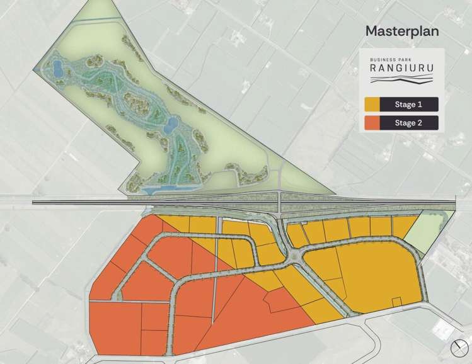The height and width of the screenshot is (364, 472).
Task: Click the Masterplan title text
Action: (401, 31)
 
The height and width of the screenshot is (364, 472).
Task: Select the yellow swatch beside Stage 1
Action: (372, 104)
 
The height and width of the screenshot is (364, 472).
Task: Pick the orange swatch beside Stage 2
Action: (372, 123)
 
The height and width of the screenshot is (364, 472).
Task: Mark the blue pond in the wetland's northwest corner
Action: (57, 67)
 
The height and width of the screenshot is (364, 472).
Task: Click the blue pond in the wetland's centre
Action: (168, 127)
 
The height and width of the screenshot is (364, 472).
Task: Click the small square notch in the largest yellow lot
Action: (398, 303)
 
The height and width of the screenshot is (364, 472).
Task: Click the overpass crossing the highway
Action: (280, 202)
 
